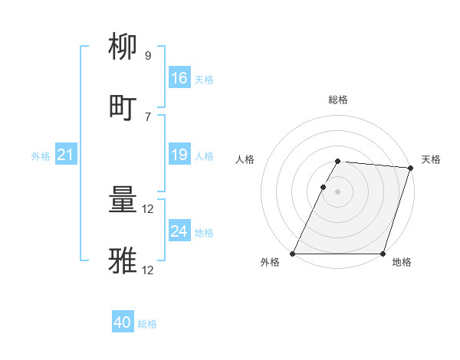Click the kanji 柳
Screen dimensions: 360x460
123,47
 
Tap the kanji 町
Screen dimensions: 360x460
123,107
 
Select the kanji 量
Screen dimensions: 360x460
123,201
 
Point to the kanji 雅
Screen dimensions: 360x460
123,261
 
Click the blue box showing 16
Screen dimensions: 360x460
179,78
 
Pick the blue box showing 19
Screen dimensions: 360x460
179,155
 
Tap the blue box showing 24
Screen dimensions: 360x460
179,231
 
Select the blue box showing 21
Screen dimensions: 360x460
66,155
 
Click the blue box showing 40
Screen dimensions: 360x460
123,323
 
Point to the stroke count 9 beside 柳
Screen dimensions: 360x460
148,56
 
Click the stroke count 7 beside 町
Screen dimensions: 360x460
148,116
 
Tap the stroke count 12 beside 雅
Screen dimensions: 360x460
149,270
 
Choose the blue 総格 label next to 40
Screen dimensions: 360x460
147,324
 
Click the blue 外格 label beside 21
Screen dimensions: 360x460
41,156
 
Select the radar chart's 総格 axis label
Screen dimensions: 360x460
338,100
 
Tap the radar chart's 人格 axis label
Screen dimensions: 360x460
245,159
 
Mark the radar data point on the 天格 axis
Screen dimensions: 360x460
411,168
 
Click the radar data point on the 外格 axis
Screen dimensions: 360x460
293,254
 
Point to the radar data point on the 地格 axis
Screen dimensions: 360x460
383,254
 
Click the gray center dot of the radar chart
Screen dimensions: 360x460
338,191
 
